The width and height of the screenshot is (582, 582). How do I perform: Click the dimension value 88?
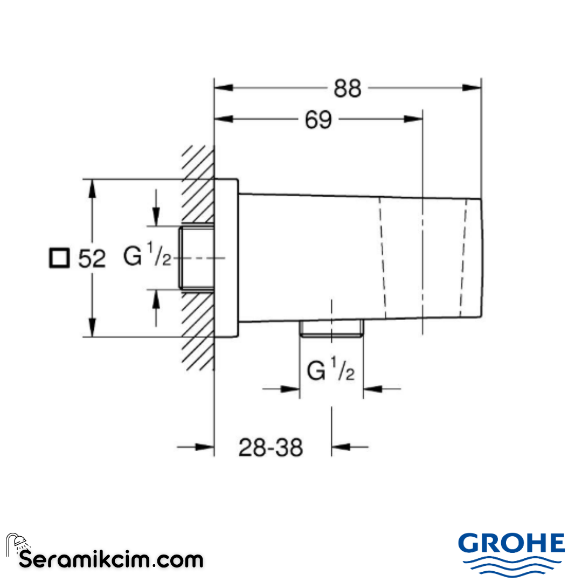(347, 88)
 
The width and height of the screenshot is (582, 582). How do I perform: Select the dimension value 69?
(318, 120)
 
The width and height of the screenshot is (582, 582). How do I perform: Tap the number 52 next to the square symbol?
(92, 259)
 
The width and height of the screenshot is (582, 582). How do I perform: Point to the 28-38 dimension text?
(271, 447)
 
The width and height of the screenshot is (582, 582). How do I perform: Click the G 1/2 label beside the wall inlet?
(147, 257)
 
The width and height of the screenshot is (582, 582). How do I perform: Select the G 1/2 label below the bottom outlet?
(330, 371)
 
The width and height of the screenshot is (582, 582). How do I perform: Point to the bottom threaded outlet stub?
(331, 328)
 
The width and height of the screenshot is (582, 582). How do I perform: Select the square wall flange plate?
(226, 258)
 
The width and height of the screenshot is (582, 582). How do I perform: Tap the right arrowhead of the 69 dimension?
(413, 120)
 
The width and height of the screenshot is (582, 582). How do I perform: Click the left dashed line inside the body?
(383, 258)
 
